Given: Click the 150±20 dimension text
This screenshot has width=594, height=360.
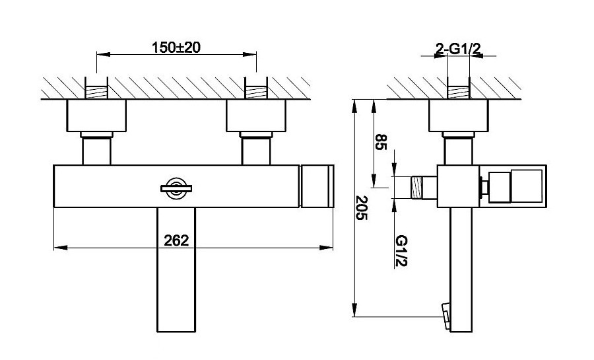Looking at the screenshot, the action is pyautogui.click(x=176, y=48).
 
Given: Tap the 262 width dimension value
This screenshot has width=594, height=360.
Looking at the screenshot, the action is pyautogui.click(x=176, y=240).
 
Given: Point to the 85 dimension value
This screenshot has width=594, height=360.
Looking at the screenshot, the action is pyautogui.click(x=381, y=142).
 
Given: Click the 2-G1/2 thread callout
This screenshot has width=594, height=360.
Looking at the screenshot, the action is pyautogui.click(x=458, y=48).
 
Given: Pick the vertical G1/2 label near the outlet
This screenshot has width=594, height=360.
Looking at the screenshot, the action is pyautogui.click(x=401, y=251).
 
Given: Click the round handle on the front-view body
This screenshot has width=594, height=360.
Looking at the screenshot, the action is pyautogui.click(x=176, y=188).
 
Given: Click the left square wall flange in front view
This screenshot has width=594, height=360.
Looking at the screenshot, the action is pyautogui.click(x=96, y=116).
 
